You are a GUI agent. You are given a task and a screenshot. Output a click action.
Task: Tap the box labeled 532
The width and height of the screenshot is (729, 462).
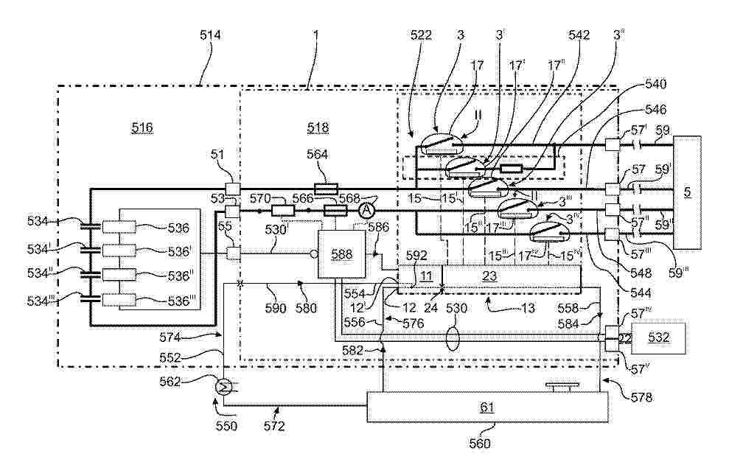pyautogui.click(x=658, y=337)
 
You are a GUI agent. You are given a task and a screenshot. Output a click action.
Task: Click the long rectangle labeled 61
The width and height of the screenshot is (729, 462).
pyautogui.click(x=486, y=407)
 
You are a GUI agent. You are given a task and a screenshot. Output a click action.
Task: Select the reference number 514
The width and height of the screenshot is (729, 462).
pyautogui.click(x=210, y=35)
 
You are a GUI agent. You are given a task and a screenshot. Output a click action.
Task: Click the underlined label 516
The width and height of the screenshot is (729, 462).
pyautogui.click(x=142, y=127)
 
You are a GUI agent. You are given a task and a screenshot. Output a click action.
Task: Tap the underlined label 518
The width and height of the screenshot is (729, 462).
pyautogui.click(x=318, y=127)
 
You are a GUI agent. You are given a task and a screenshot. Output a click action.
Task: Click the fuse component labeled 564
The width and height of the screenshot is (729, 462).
pyautogui.click(x=325, y=189)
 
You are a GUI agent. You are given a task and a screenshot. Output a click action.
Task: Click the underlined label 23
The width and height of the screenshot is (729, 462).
pyautogui.click(x=489, y=276)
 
